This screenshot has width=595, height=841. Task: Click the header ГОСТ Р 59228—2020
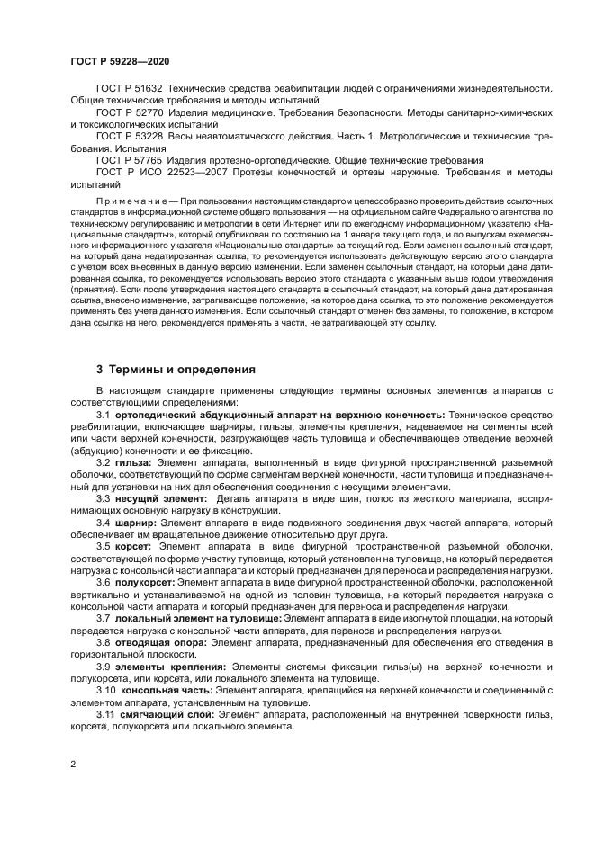pyautogui.click(x=119, y=59)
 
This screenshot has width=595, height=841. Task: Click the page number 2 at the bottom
pyautogui.click(x=72, y=763)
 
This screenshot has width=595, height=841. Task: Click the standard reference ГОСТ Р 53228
pyautogui.click(x=129, y=136)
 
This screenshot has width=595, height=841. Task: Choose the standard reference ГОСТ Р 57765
pyautogui.click(x=129, y=159)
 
